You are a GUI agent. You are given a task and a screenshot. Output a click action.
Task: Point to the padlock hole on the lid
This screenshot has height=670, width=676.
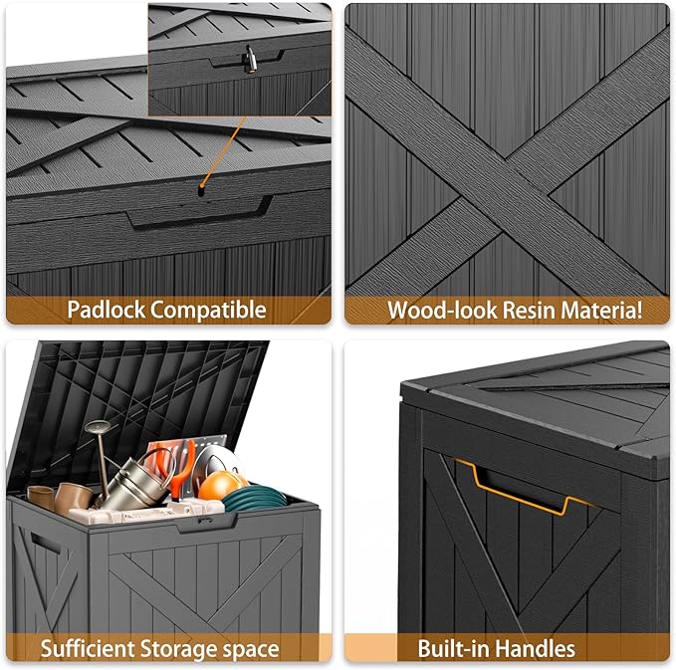[x=202, y=186]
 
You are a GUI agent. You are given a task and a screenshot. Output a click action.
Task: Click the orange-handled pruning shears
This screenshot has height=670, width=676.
[x=177, y=468]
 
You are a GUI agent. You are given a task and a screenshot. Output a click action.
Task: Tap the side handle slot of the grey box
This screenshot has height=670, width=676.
[x=45, y=545]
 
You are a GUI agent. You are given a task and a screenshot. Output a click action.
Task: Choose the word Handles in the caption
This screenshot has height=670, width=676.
[x=539, y=649]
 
